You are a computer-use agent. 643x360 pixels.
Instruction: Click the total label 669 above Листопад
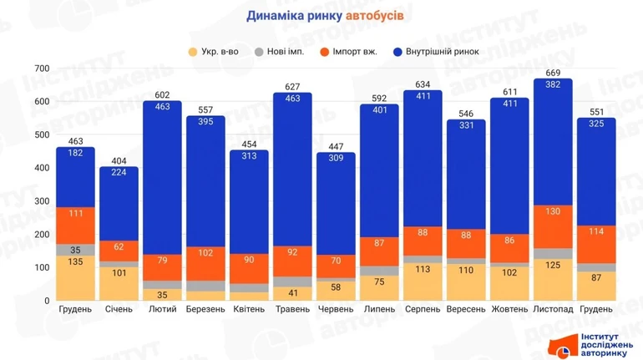552,73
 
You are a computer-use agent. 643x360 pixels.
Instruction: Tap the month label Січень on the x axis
119,309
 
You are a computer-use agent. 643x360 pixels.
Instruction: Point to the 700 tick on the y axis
42,68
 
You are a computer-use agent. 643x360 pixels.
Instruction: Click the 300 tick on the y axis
42,201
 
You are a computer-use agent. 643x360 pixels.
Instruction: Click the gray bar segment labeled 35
76,250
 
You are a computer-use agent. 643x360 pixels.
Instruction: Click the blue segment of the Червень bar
336,200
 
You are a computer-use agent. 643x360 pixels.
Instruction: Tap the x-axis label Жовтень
509,309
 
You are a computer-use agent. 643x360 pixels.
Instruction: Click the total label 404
119,160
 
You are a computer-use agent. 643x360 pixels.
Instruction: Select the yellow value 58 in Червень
336,287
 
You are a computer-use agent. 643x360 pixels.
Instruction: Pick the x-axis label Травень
292,309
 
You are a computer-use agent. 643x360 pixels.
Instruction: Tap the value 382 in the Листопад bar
552,86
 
